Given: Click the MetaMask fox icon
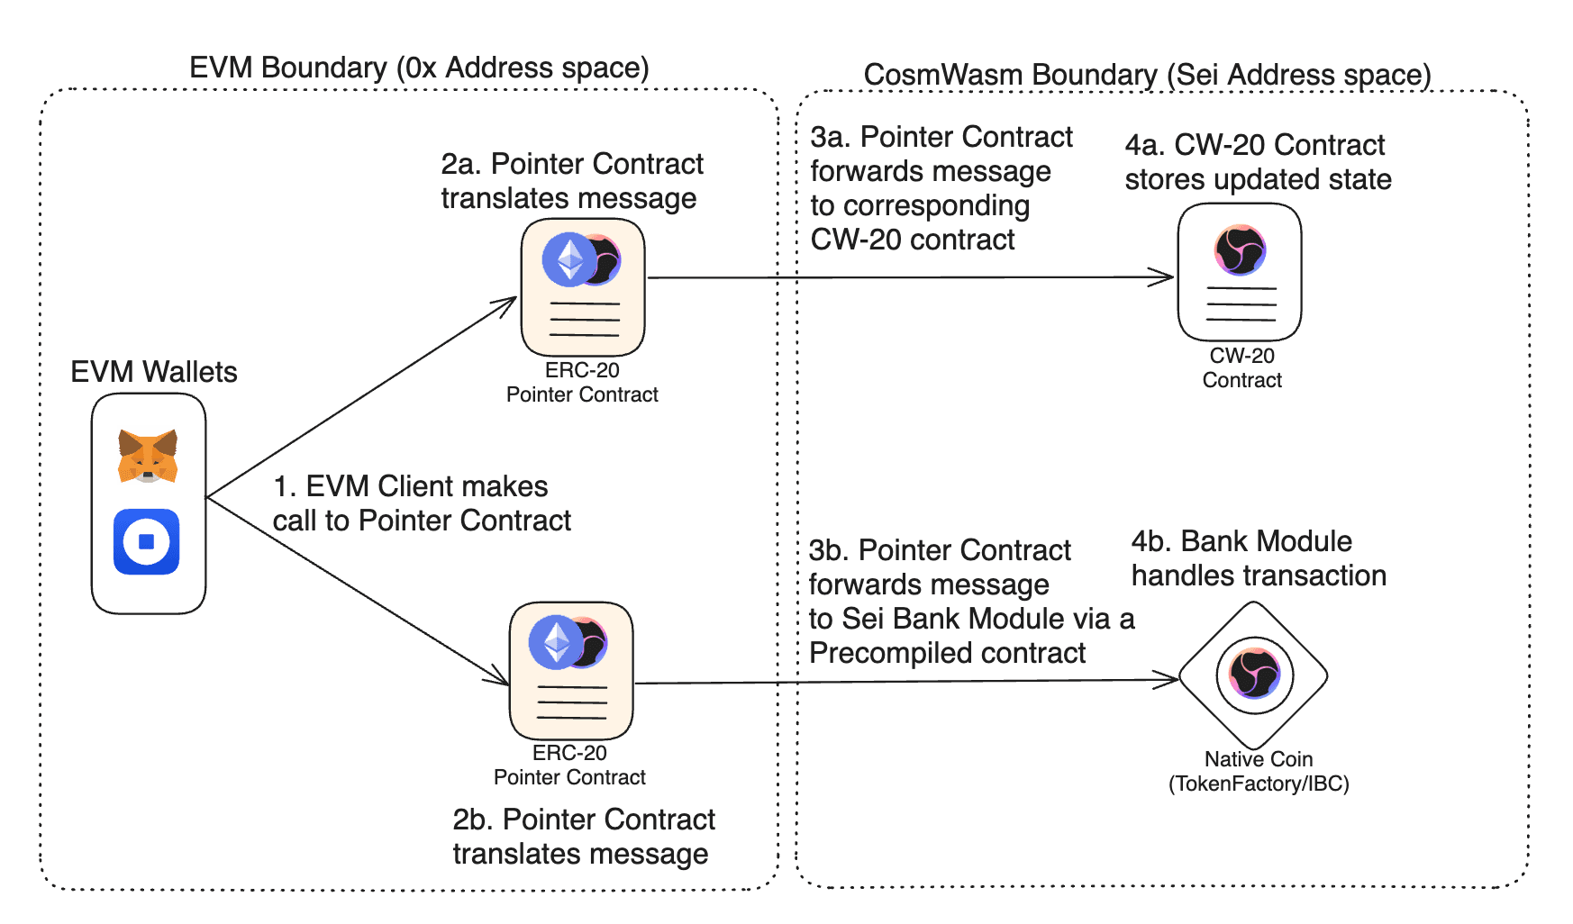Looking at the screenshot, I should coord(148,456).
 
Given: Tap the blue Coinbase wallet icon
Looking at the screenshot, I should coord(147,541).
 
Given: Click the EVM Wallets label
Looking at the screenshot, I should coord(153,372).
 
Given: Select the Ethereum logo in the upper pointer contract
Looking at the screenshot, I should coord(570,259).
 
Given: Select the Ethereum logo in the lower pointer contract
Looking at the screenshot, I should coord(556,642).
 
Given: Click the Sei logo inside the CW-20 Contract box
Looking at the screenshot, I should coord(1241,250).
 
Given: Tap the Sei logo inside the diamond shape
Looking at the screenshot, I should coord(1255,674).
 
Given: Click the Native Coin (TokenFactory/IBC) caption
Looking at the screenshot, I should coord(1258,772).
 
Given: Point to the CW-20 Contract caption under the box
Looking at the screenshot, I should coord(1241,368).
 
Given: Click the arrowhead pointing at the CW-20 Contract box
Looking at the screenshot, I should coord(1166,277).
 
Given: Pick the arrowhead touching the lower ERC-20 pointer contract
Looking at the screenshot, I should coord(498,677).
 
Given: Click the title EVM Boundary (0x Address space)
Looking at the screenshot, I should coord(419,68).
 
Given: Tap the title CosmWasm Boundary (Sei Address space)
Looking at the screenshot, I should coord(1147,75).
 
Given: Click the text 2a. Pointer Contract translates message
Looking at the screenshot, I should coord(571,181).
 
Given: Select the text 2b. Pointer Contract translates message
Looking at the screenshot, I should coord(583,837).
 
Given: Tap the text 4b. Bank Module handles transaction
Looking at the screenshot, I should coord(1258,558).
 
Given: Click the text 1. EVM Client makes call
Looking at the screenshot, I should coord(421,503).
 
